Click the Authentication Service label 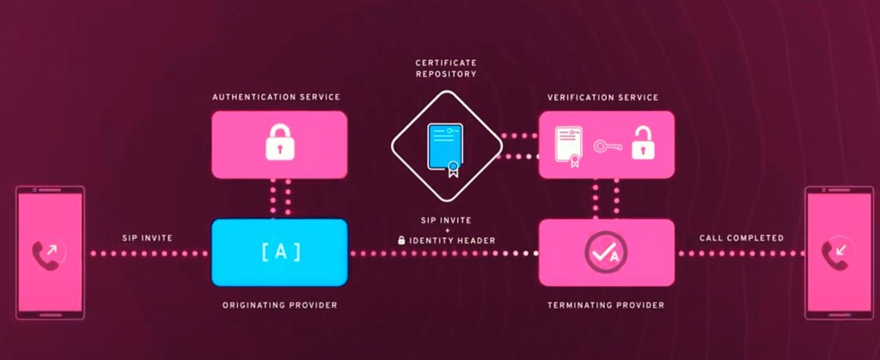(276, 97)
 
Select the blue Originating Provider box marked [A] (279, 253)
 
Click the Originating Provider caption (279, 305)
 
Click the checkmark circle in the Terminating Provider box (606, 251)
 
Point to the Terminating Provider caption (606, 305)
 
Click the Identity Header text (452, 241)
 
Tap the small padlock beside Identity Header (401, 241)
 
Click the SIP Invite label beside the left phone (148, 237)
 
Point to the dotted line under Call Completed (741, 253)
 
